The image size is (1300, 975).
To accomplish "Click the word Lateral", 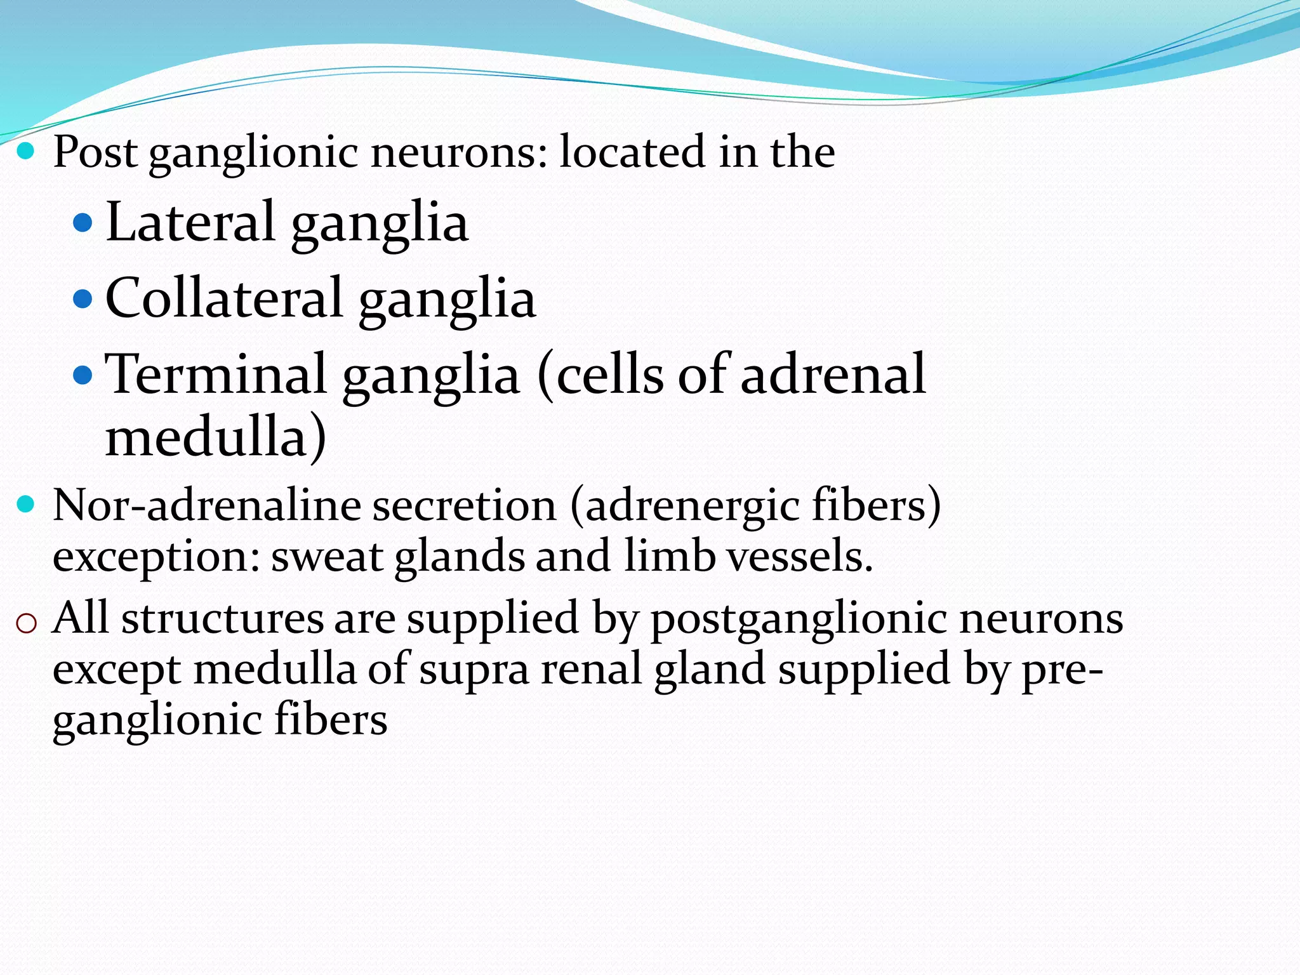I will pos(190,222).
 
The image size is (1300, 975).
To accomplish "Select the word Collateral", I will pos(224,298).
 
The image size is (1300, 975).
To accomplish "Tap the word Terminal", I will pos(216,375).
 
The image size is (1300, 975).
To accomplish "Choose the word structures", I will pos(222,619).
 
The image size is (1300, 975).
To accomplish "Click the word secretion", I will pos(464,506).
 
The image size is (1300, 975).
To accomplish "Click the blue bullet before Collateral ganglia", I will pos(83,298).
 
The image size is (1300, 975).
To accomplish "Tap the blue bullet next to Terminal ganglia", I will pos(83,375).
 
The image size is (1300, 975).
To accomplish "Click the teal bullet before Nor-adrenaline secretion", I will pos(25,505).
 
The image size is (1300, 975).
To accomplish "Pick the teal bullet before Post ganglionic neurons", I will pos(25,151).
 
